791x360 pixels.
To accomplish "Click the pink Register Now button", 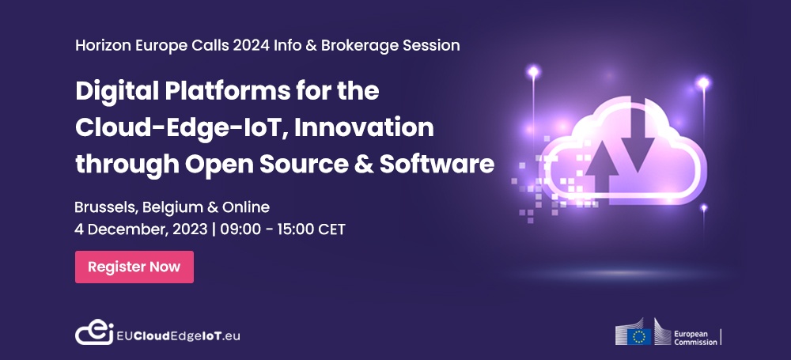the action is pyautogui.click(x=134, y=267).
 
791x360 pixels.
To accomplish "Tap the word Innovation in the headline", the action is pyautogui.click(x=364, y=127).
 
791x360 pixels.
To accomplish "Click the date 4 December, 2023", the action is pyautogui.click(x=141, y=229).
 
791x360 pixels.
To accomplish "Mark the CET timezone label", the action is pyautogui.click(x=331, y=229).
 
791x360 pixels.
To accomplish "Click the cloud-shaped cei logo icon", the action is pyautogui.click(x=94, y=332).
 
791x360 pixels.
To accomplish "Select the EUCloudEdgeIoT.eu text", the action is pyautogui.click(x=178, y=335).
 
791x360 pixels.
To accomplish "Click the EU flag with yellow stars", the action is pyautogui.click(x=639, y=336).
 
